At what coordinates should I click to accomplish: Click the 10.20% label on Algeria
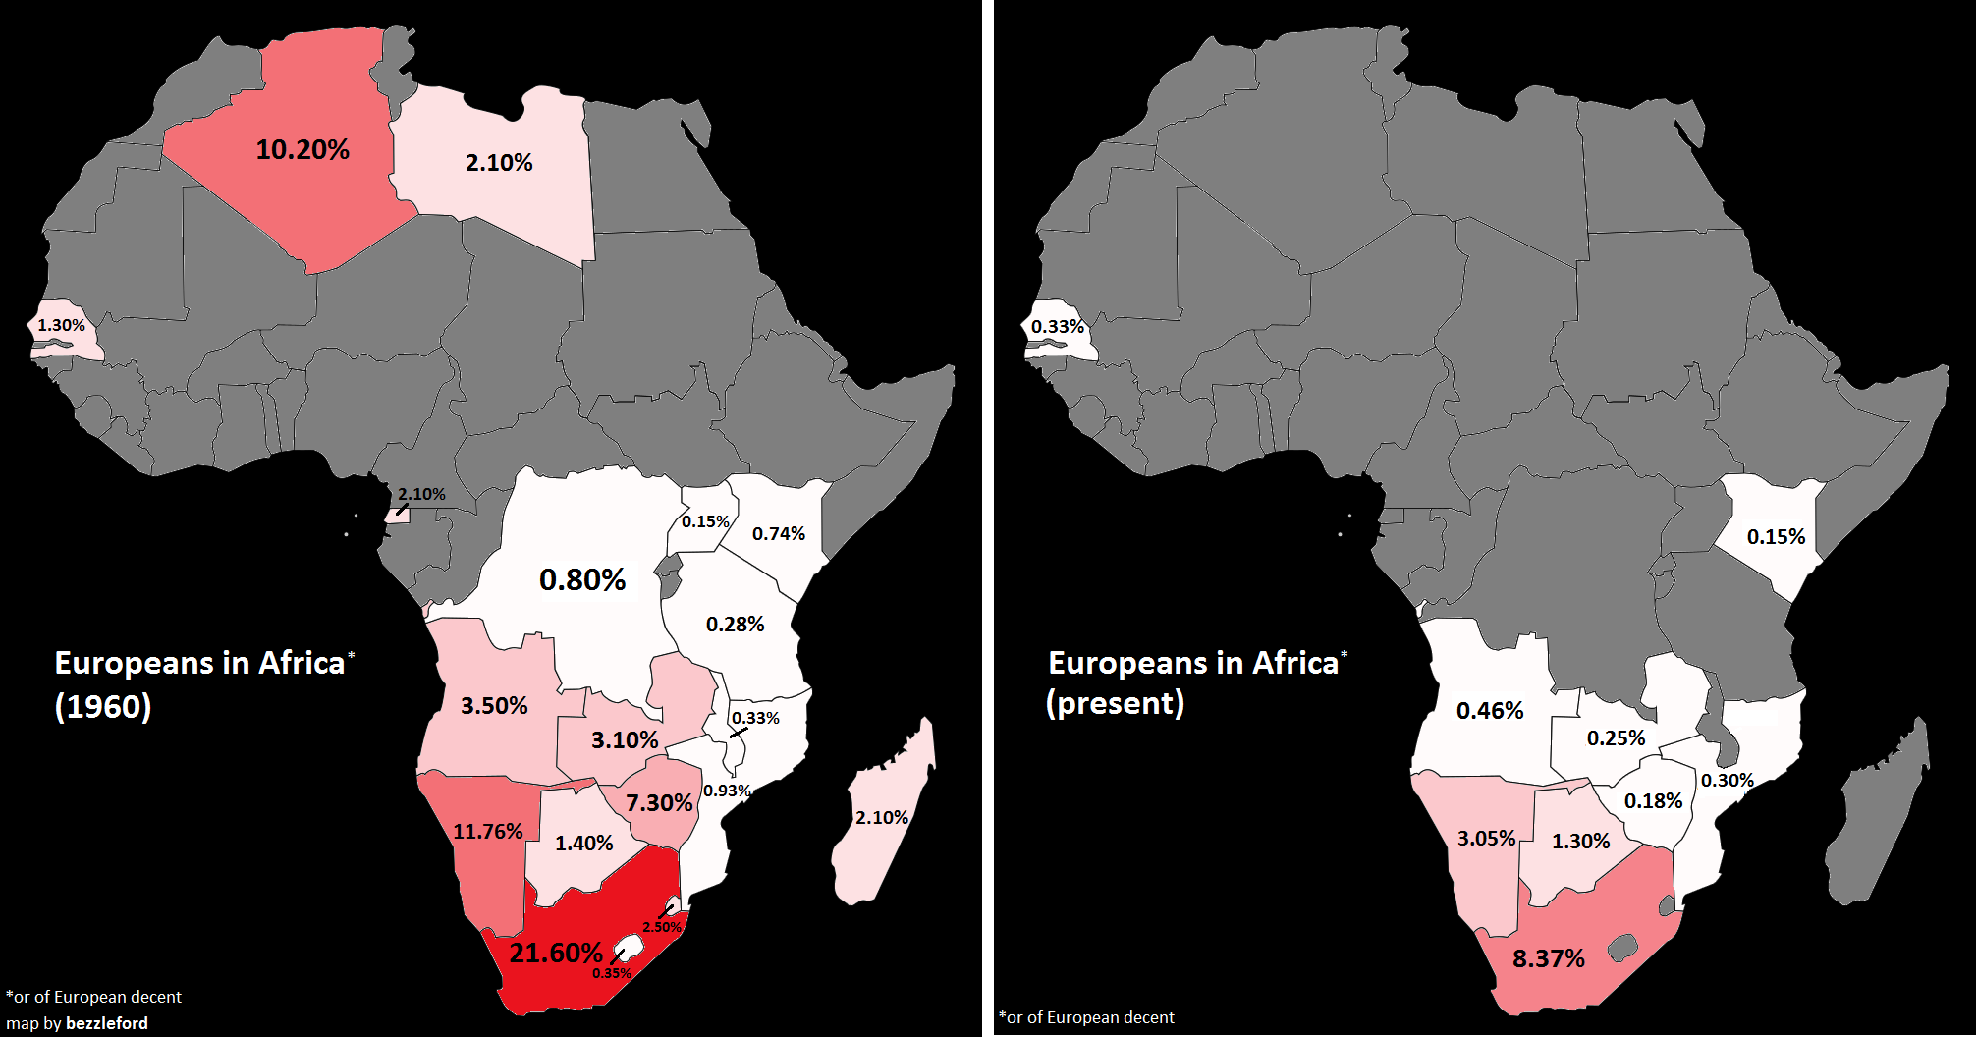302,150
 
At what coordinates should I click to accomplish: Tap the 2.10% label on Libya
499,163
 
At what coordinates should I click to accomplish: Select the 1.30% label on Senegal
61,325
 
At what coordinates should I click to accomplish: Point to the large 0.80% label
582,580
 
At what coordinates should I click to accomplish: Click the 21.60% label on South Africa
556,953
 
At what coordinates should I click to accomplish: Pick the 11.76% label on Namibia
487,832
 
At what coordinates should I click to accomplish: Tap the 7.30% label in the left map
659,803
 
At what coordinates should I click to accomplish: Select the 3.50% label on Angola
494,706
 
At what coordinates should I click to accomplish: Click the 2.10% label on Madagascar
881,817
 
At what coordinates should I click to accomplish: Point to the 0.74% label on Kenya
778,534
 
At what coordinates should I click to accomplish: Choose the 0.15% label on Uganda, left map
705,521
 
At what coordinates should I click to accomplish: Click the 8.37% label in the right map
1548,959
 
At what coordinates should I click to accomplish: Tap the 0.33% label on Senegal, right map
1057,326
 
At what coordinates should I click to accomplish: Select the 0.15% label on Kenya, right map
1776,537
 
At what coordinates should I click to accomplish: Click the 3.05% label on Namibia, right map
1486,839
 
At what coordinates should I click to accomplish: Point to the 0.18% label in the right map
1653,801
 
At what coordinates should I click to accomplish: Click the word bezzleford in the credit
107,1023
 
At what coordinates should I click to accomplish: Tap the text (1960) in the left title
103,706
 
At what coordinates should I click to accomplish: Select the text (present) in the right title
1115,703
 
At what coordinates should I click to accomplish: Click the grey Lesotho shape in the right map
1622,948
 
